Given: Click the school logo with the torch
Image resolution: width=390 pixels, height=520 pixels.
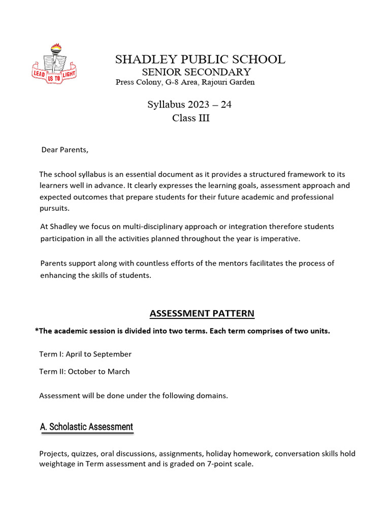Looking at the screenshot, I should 54,63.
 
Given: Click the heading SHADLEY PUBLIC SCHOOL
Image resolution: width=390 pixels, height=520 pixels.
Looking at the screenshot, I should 200,59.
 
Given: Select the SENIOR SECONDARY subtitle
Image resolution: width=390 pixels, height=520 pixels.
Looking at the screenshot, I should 196,72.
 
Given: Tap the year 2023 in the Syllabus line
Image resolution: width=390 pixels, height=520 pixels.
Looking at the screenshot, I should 199,105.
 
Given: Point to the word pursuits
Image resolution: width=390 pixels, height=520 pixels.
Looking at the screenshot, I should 54,208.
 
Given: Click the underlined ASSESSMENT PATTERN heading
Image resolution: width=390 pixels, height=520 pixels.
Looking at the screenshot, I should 202,313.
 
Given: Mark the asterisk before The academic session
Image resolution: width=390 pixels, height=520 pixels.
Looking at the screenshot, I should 37,331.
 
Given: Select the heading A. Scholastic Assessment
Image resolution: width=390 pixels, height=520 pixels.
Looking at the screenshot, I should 86,427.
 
